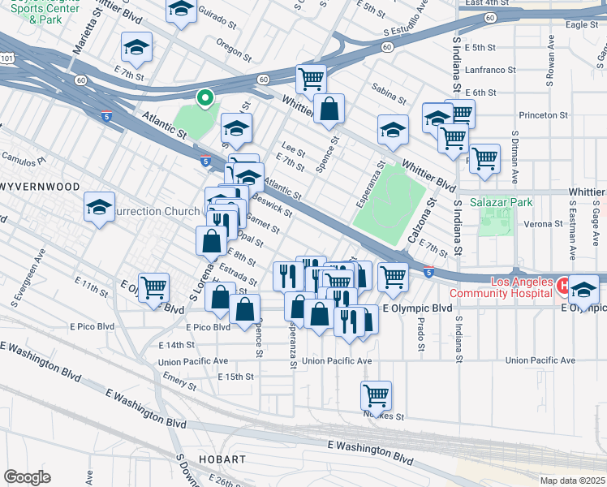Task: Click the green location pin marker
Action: pos(205,98)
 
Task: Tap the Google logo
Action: pos(26,477)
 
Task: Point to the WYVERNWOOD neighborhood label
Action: pos(40,187)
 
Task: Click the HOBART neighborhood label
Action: pos(220,459)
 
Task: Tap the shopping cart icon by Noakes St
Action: pos(376,396)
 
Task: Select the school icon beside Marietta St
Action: pos(136,48)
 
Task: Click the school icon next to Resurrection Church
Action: pos(99,207)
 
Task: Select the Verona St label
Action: pos(543,223)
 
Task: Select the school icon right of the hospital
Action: pos(583,290)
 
